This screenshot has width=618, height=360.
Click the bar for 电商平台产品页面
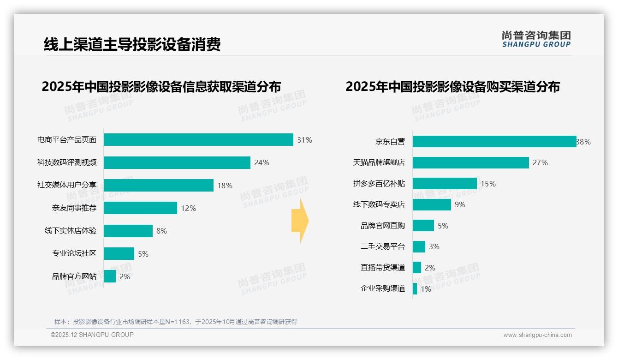[198, 140]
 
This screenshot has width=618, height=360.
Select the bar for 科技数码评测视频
[177, 162]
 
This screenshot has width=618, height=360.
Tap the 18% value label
[225, 186]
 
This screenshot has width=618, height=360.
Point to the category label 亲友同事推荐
[74, 208]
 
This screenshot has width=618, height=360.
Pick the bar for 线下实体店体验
[128, 231]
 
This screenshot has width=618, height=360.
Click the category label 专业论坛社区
[74, 253]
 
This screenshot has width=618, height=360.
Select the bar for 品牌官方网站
[110, 276]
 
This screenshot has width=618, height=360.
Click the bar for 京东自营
[494, 142]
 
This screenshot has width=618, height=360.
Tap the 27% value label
[540, 162]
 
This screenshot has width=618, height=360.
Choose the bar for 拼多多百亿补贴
[445, 184]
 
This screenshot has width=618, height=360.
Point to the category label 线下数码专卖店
[379, 204]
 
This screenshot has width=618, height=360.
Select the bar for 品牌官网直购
[423, 226]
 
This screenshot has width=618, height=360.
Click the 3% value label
[434, 246]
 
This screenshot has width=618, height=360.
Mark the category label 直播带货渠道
[382, 268]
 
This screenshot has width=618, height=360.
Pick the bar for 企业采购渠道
[415, 289]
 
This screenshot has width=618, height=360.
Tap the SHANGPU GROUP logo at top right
[536, 39]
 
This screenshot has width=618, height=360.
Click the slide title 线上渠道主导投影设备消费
[132, 44]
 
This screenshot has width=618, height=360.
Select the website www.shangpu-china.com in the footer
[537, 335]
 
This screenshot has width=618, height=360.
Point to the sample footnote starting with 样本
[176, 322]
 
